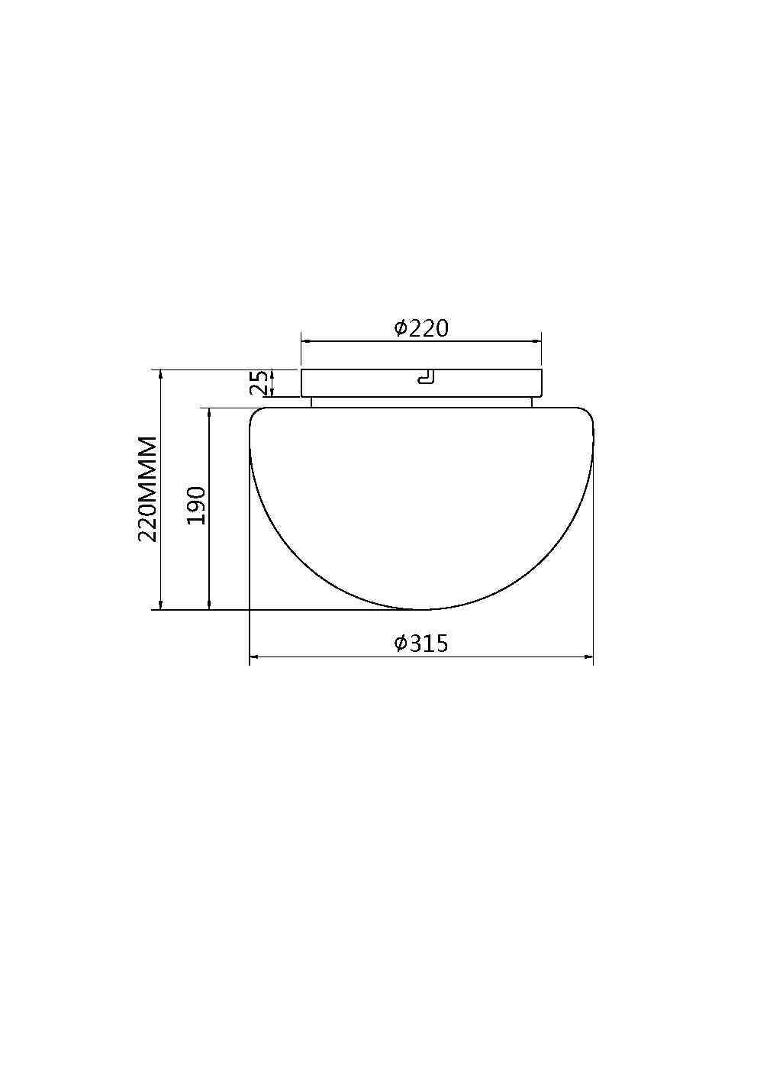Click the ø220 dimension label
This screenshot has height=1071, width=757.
click(421, 328)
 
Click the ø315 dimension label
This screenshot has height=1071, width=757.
click(421, 644)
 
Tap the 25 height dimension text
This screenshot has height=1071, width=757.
click(260, 383)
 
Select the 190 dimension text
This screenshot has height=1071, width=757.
click(197, 505)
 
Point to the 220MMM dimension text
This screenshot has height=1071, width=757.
click(147, 489)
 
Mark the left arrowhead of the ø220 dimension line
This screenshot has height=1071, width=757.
click(304, 341)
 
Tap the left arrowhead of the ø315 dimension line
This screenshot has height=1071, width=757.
click(253, 656)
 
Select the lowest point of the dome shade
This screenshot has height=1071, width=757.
click(421, 609)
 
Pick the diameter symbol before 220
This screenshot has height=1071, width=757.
click(400, 328)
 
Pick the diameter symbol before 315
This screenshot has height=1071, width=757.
click(400, 644)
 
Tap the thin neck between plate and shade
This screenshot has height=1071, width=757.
click(421, 402)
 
